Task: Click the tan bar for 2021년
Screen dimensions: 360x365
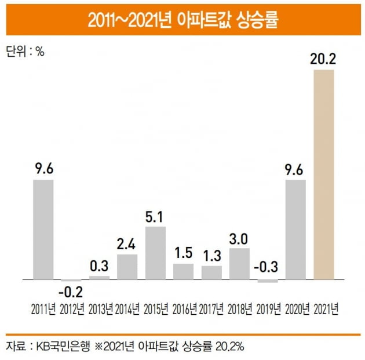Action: (x=323, y=174)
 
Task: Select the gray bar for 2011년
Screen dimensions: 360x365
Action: (x=43, y=229)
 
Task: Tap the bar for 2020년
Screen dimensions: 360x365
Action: (x=295, y=229)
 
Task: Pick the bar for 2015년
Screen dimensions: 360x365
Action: (x=155, y=253)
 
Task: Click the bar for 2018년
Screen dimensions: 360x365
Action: (x=239, y=264)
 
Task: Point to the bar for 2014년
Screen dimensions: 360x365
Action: (x=127, y=267)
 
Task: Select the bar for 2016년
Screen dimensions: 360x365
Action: (x=184, y=271)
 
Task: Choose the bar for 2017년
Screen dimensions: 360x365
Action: (x=211, y=272)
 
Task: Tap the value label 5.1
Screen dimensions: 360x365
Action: (x=155, y=216)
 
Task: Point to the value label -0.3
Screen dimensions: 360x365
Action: (x=267, y=266)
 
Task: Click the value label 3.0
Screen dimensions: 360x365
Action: (x=239, y=238)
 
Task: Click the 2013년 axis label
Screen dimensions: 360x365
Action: (x=99, y=308)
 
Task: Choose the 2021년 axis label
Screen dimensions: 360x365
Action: (x=324, y=308)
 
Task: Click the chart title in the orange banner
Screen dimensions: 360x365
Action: (x=183, y=20)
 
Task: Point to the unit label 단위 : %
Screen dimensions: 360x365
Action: (x=24, y=51)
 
